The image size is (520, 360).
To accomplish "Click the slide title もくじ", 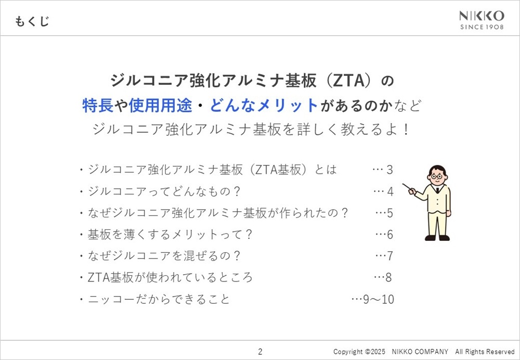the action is click(x=32, y=21).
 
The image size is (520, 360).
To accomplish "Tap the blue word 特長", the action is click(x=98, y=106).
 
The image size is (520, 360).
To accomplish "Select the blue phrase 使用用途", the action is click(x=161, y=106).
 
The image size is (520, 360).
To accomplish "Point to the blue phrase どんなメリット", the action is click(x=264, y=106).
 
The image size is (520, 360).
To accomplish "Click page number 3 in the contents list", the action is click(x=389, y=170).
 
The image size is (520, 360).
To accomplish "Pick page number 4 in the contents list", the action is click(x=390, y=192).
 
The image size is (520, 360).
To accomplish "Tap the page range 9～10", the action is click(x=379, y=299).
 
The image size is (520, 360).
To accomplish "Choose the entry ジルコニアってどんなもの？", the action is click(x=164, y=192).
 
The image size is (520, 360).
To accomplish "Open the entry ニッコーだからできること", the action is click(x=159, y=299).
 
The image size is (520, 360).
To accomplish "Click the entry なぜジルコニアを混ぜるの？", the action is click(x=164, y=256).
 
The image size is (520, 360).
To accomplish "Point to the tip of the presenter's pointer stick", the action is click(x=404, y=184).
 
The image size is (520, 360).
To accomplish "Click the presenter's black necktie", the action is click(x=438, y=190).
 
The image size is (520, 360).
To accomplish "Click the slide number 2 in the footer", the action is click(x=260, y=351).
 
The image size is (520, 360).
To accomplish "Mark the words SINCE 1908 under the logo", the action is click(x=482, y=27).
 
